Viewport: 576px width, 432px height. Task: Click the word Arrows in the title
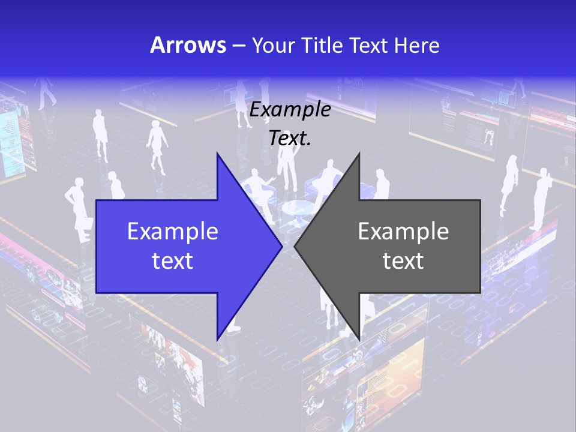pos(188,45)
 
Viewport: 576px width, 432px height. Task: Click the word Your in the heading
pos(274,45)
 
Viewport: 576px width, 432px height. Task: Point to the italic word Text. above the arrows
pos(290,139)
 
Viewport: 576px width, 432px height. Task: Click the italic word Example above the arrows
pos(290,110)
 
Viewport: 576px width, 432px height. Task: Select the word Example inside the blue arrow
pos(173,231)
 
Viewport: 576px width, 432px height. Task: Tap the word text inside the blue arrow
pos(173,261)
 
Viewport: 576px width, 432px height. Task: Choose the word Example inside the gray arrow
pos(403,231)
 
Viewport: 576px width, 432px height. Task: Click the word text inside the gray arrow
pos(403,261)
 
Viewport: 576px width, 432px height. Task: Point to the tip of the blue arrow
pos(282,246)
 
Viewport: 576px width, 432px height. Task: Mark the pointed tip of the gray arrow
pos(295,246)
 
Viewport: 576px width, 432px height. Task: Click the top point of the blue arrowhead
pos(217,154)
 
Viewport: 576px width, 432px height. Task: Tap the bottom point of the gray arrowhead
pos(359,339)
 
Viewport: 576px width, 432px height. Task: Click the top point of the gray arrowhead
pos(359,154)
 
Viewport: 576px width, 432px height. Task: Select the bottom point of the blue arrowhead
pos(217,339)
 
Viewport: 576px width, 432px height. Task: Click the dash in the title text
pos(238,46)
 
